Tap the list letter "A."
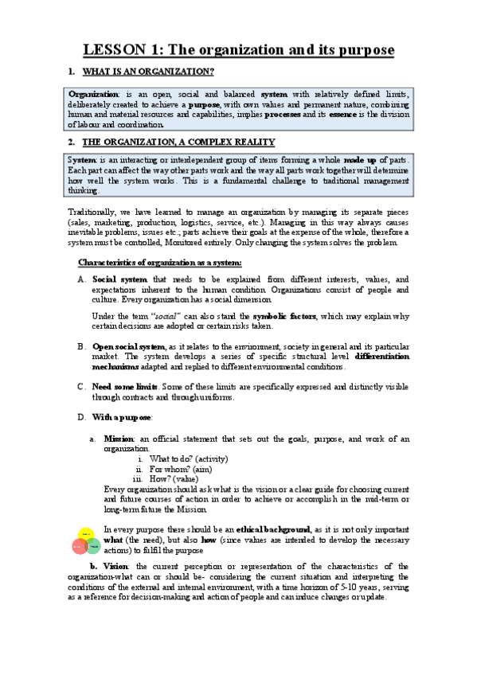tap(81, 279)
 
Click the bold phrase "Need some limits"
tap(123, 386)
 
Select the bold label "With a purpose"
tap(123, 416)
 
